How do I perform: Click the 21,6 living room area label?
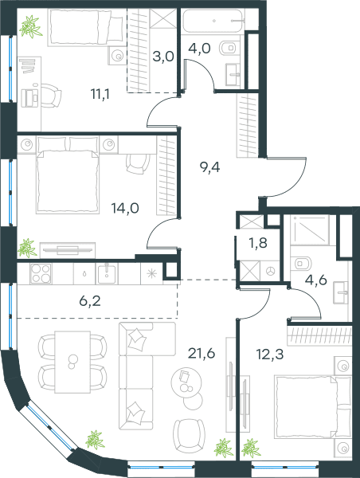point(202,353)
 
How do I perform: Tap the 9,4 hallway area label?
point(209,167)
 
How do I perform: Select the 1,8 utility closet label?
point(258,243)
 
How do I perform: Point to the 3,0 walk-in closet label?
point(163,57)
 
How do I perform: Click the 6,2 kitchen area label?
point(90,301)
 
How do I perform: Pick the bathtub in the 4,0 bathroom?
point(213,21)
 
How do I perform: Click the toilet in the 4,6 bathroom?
point(300,263)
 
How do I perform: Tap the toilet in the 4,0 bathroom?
point(229,48)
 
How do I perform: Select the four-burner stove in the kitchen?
point(41,273)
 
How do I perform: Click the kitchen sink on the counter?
point(107,273)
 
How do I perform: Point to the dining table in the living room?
point(72,362)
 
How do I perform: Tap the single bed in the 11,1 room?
point(86,27)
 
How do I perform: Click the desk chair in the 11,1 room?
point(51,96)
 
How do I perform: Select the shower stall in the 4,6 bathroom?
point(310,229)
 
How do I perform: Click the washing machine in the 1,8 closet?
point(270,271)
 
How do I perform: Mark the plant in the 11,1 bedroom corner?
point(30,26)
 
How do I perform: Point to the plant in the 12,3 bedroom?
point(252,448)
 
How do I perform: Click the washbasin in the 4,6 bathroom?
point(341,292)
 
